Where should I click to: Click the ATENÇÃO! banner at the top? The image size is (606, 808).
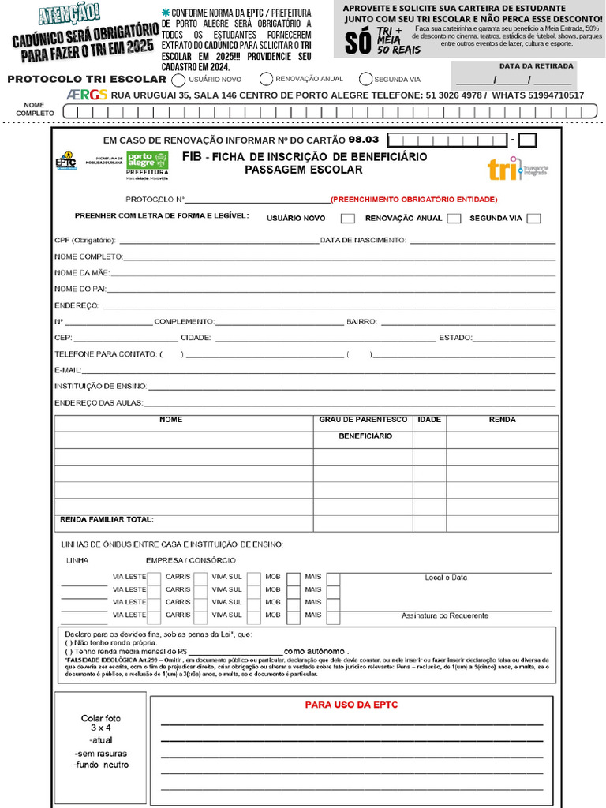(x=69, y=13)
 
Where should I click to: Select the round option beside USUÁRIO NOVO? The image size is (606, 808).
(x=179, y=80)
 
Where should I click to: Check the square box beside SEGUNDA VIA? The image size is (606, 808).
(x=534, y=219)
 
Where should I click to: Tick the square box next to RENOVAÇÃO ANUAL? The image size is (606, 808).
(x=454, y=219)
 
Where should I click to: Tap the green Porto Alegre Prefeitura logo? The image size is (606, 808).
(x=148, y=164)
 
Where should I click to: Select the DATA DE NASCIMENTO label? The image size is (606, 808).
(x=362, y=240)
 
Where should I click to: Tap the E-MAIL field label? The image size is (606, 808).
(x=68, y=370)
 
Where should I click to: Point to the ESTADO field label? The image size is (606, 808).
(x=455, y=338)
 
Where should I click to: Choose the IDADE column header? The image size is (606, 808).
(x=429, y=420)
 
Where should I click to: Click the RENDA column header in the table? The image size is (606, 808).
(x=502, y=420)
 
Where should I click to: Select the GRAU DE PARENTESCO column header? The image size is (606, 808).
(x=363, y=420)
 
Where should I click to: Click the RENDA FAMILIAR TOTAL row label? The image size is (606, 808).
(x=107, y=519)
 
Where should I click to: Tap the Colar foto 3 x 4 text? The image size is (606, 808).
(x=101, y=724)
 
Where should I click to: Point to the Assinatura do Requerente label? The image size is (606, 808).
(x=444, y=615)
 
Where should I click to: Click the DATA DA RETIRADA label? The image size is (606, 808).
(x=537, y=66)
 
